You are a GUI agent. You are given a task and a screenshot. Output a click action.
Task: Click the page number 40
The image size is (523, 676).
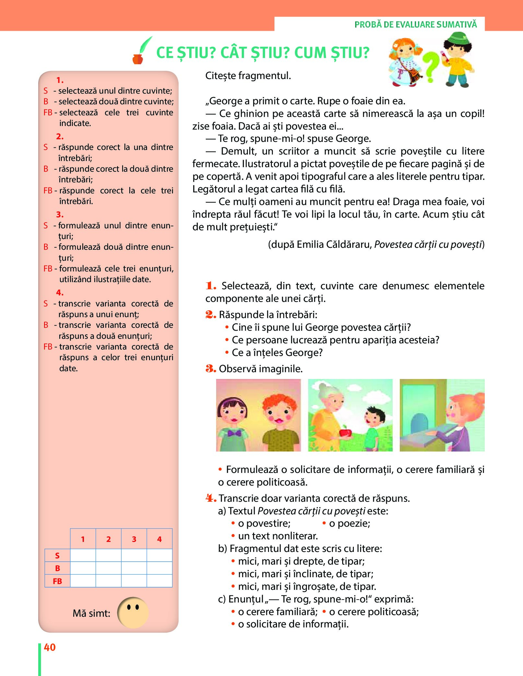[50, 647]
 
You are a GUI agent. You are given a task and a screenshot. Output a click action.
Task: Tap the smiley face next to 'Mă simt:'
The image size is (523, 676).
[133, 612]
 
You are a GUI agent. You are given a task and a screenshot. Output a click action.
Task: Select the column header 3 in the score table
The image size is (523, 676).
[134, 539]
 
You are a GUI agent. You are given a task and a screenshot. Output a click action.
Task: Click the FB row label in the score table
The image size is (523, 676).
[57, 581]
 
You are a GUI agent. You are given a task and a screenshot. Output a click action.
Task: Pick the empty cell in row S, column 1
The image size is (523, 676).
[83, 555]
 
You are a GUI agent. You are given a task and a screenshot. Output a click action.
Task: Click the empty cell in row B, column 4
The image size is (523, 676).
[159, 568]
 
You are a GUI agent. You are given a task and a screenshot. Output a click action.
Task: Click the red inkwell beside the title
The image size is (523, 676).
[138, 59]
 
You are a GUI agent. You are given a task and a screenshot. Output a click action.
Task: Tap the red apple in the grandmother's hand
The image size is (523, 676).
[343, 432]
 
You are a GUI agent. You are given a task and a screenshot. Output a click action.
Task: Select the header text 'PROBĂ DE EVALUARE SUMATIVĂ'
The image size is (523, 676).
[415, 25]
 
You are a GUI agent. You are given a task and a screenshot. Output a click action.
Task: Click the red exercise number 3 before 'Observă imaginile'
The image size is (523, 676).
[211, 369]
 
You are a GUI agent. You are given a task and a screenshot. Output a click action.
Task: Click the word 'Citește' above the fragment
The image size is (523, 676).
[221, 76]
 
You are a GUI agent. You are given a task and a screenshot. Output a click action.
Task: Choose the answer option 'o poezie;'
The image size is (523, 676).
[349, 523]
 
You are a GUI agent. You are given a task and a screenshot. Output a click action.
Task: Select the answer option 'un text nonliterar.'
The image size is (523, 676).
[278, 536]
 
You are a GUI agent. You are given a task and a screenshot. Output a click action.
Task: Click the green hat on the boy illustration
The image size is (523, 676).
[457, 39]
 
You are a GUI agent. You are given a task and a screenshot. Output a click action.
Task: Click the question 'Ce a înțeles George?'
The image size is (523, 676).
[277, 352]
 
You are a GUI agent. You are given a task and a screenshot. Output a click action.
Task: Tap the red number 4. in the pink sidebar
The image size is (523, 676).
[60, 292]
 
